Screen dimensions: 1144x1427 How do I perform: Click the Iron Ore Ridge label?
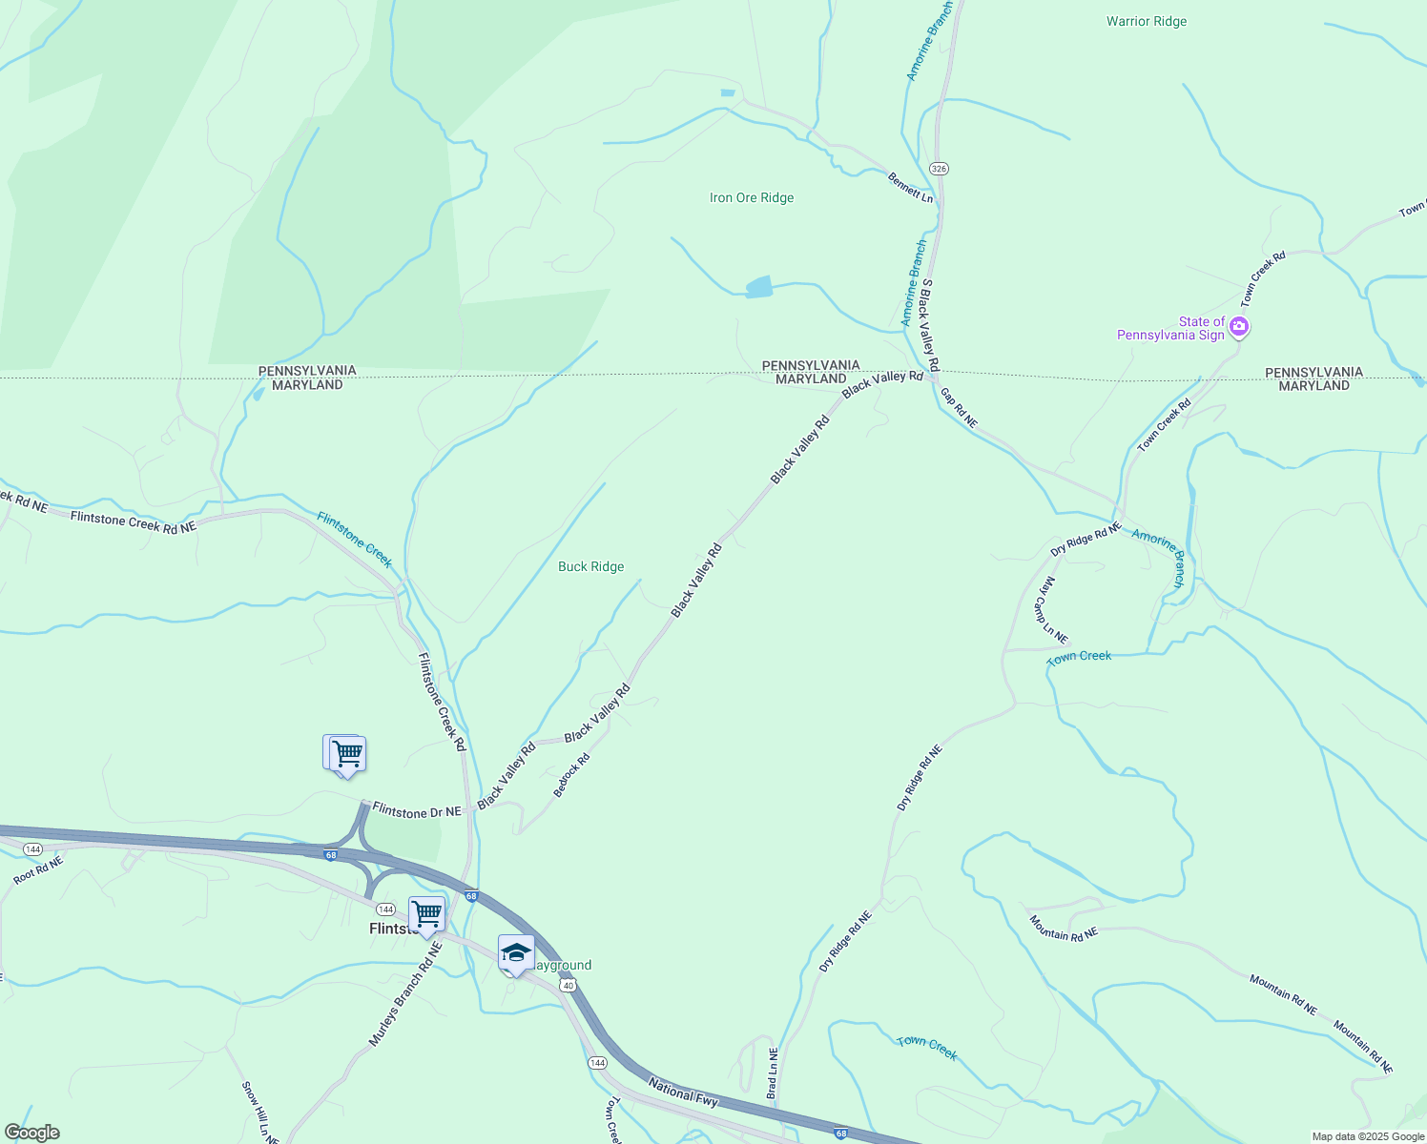(752, 198)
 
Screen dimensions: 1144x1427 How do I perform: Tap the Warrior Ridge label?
(1147, 21)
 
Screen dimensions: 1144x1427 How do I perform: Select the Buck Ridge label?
(590, 566)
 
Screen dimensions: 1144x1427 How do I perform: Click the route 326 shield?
(940, 169)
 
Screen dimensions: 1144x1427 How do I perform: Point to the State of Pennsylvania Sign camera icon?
(1239, 327)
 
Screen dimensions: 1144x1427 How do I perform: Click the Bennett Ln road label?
(910, 187)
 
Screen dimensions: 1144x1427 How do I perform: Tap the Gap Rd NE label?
(959, 407)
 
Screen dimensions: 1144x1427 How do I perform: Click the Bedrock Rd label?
(572, 775)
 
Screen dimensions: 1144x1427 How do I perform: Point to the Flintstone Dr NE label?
(417, 811)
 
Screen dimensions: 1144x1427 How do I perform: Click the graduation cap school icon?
(516, 952)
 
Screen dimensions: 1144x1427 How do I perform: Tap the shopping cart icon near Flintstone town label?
(426, 913)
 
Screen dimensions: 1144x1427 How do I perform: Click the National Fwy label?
(683, 1091)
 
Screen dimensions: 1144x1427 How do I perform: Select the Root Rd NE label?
(38, 870)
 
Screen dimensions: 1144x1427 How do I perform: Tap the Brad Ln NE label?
(773, 1073)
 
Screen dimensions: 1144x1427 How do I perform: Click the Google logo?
(32, 1133)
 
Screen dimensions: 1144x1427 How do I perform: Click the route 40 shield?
(569, 985)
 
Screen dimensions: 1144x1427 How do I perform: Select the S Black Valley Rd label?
(929, 325)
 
